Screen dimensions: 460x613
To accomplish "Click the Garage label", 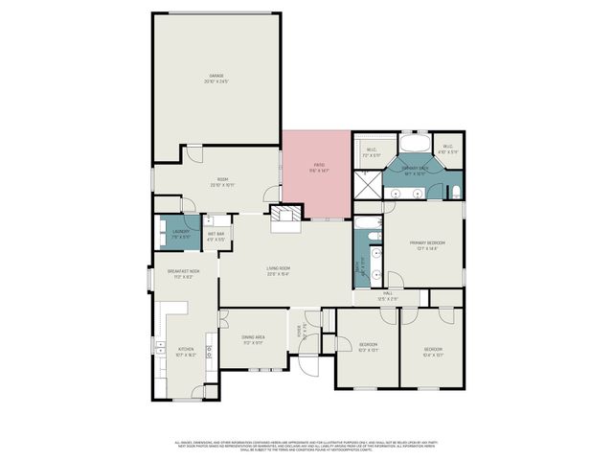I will click(x=216, y=79).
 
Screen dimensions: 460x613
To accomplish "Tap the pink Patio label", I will click(x=319, y=168).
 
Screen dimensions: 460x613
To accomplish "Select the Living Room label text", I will click(x=279, y=271).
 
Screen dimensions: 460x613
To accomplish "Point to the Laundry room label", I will click(x=180, y=233).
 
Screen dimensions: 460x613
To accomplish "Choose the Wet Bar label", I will click(x=216, y=236).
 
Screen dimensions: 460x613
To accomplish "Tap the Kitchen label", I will click(x=186, y=351).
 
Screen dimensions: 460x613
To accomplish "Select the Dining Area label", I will click(x=253, y=339).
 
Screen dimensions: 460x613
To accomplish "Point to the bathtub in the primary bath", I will click(x=414, y=145).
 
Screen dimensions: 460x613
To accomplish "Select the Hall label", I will click(x=388, y=295).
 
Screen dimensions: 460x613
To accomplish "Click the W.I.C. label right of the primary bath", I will click(x=448, y=149).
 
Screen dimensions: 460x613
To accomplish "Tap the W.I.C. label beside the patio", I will click(x=372, y=151).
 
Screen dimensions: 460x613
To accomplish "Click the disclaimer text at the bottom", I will click(x=306, y=446).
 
